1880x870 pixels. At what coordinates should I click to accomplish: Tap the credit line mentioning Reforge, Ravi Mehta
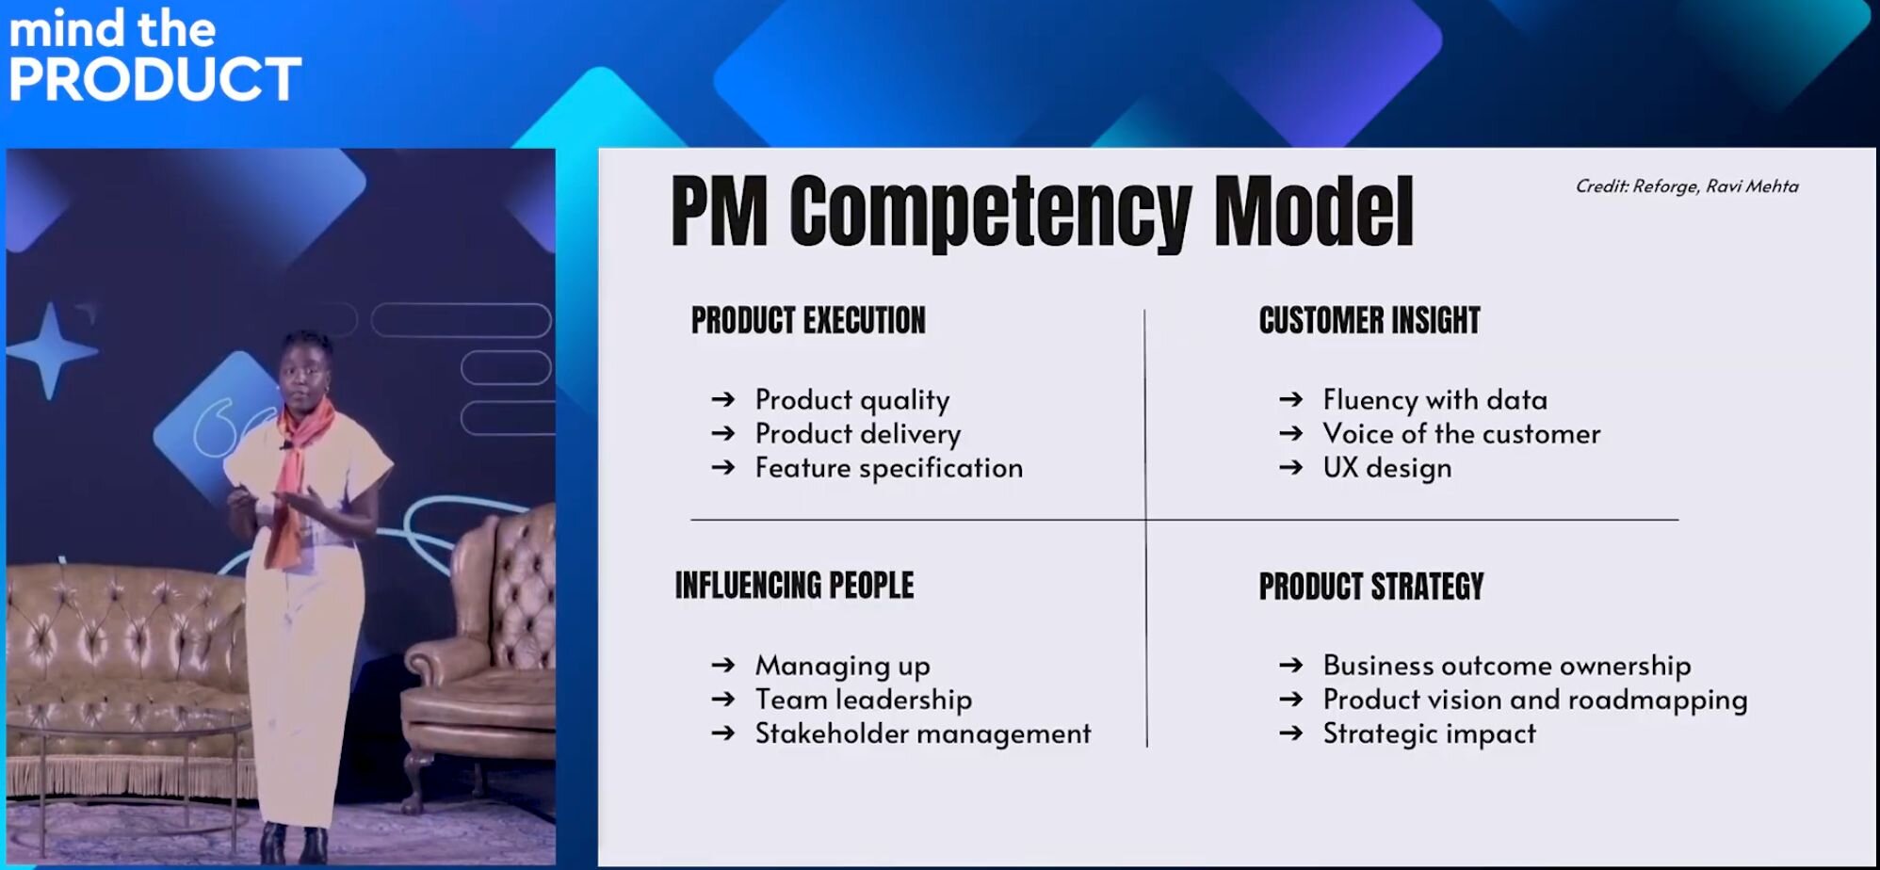[1687, 186]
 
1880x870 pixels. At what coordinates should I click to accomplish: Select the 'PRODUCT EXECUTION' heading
[808, 320]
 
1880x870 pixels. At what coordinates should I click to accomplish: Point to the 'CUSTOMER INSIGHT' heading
[1369, 320]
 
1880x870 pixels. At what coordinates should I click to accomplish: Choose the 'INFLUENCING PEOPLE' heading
[794, 585]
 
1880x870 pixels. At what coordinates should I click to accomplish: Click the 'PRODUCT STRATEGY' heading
[1371, 586]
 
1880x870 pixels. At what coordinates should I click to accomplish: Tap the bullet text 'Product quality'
[852, 400]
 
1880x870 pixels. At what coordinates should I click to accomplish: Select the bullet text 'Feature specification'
[889, 468]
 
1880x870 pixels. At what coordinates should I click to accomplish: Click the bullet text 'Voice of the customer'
[1462, 433]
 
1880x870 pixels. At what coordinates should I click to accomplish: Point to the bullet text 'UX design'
[1387, 468]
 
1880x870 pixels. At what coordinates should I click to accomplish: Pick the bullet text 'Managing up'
[843, 666]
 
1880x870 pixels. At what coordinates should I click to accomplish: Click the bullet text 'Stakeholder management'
[923, 733]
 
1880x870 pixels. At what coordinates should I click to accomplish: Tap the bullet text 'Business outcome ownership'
[1507, 665]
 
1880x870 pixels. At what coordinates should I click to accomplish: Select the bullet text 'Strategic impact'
[1430, 733]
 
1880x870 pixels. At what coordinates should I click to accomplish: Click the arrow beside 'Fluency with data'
[1291, 399]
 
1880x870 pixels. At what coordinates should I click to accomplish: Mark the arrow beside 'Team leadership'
[723, 699]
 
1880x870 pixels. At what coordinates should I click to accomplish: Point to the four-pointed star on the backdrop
[51, 351]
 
